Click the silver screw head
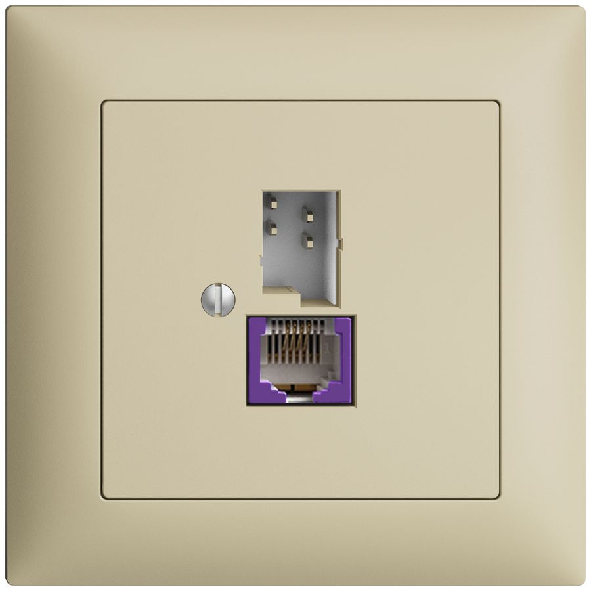click(218, 299)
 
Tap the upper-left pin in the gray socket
click(271, 204)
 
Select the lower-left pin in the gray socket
click(271, 229)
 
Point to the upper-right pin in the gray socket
click(307, 213)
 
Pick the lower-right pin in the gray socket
click(307, 240)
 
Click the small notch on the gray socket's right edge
click(339, 244)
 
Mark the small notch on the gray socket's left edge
click(263, 261)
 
